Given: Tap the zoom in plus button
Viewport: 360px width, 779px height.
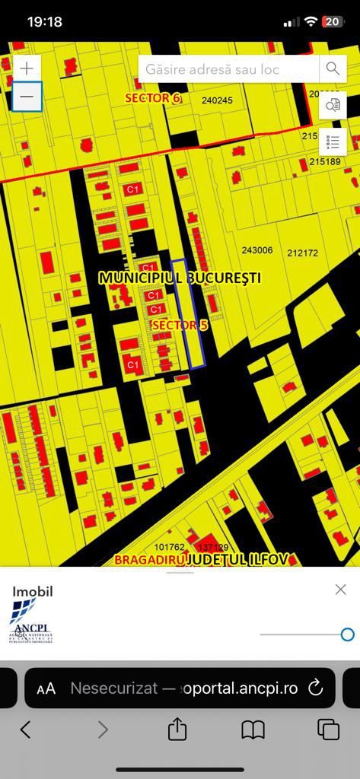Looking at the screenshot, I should click(27, 68).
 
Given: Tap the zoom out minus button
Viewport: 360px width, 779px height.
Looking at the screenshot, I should click(27, 97).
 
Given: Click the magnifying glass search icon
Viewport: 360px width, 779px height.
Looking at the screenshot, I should click(333, 68).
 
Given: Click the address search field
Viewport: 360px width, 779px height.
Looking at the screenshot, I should click(228, 68).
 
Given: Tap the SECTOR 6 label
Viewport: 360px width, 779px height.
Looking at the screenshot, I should click(153, 98).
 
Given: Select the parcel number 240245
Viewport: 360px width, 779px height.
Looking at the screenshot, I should click(217, 100).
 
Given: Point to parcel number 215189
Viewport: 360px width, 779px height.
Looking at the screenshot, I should click(325, 161).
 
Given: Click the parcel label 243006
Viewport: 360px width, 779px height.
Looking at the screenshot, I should click(256, 250).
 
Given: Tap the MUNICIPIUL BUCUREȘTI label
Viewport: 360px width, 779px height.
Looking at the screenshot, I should click(180, 278).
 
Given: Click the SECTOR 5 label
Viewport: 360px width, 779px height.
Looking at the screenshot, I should click(180, 325).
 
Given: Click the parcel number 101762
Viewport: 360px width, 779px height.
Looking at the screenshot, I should click(169, 547).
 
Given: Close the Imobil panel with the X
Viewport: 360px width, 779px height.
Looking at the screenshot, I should click(340, 590).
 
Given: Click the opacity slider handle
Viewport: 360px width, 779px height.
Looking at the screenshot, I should click(347, 634).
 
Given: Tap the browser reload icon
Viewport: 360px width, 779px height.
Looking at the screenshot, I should click(315, 688).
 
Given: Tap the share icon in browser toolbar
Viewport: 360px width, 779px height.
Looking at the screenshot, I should click(177, 730).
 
